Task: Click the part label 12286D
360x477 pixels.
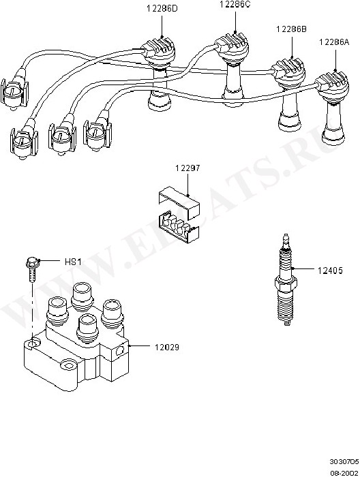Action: pos(162,8)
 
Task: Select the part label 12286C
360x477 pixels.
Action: pos(235,5)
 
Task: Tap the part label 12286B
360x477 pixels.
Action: pos(291,29)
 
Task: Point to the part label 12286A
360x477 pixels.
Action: pos(334,42)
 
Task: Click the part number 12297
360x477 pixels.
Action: pos(187,168)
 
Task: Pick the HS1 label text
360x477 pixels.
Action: pos(73,262)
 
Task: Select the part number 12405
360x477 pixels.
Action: pos(330,270)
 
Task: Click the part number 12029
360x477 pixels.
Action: pos(167,347)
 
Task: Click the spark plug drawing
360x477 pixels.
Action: pos(286,279)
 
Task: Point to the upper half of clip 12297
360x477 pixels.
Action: pos(179,201)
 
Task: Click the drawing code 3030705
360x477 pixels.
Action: pos(344,461)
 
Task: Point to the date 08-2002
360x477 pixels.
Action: pos(344,473)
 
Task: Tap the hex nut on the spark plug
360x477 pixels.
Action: pos(286,283)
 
